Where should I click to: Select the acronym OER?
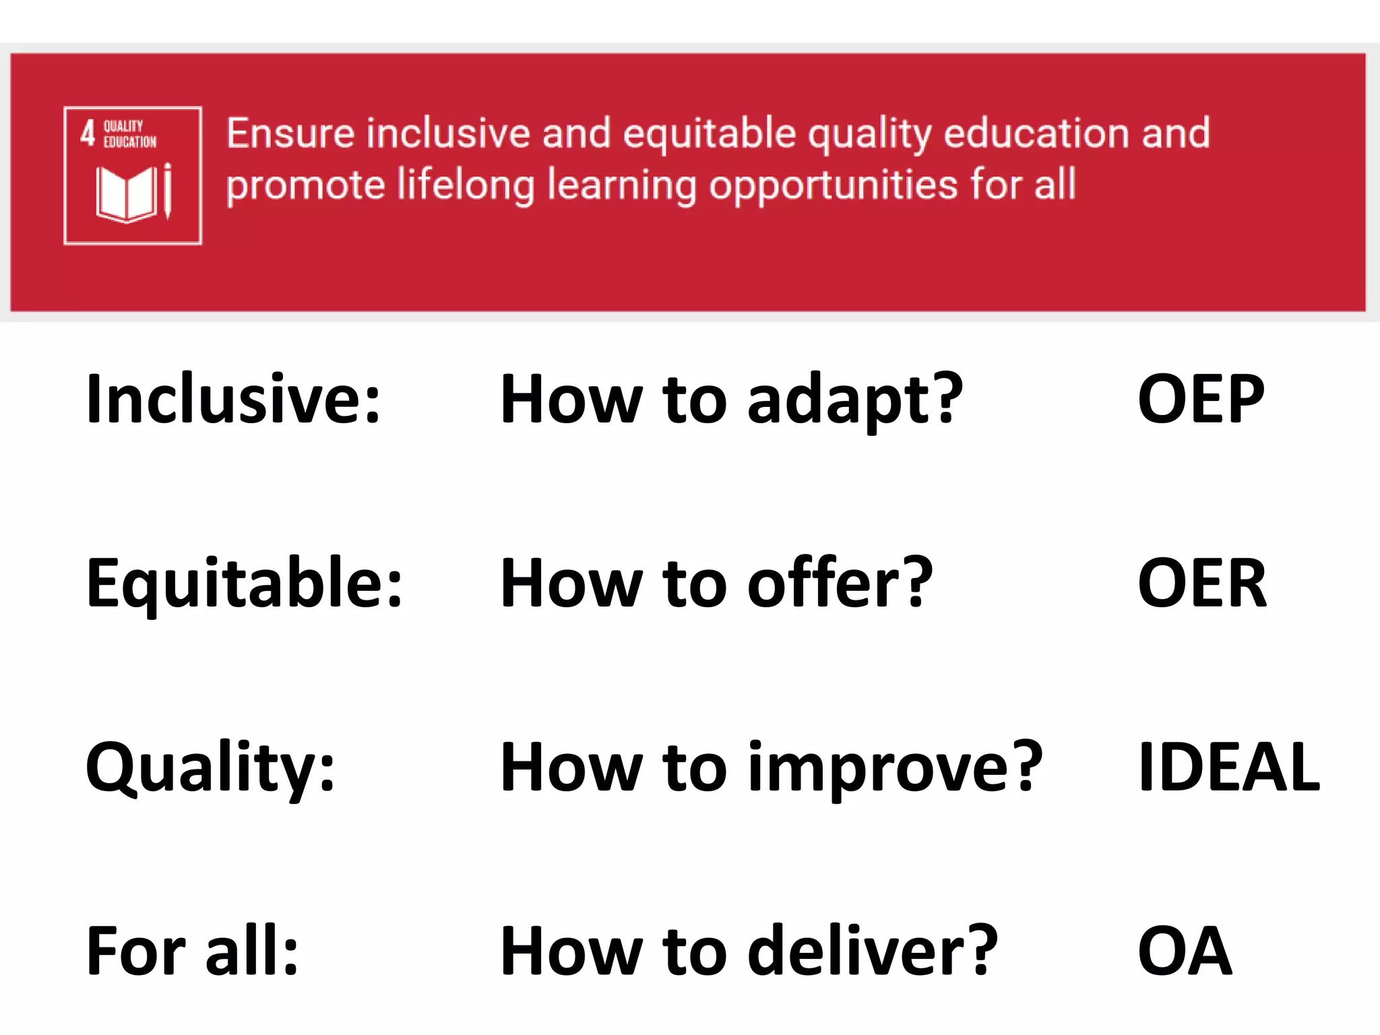coord(1201,584)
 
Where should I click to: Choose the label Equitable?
coord(244,585)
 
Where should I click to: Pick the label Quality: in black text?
coord(210,768)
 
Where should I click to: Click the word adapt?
coord(855,402)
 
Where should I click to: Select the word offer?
coord(840,584)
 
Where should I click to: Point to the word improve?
coord(896,768)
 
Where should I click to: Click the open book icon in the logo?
coord(127,194)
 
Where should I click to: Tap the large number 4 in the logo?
coord(88,133)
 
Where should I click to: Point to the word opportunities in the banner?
coord(833,185)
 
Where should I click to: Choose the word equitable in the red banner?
coord(710,133)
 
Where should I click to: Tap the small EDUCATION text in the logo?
coord(130,142)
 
